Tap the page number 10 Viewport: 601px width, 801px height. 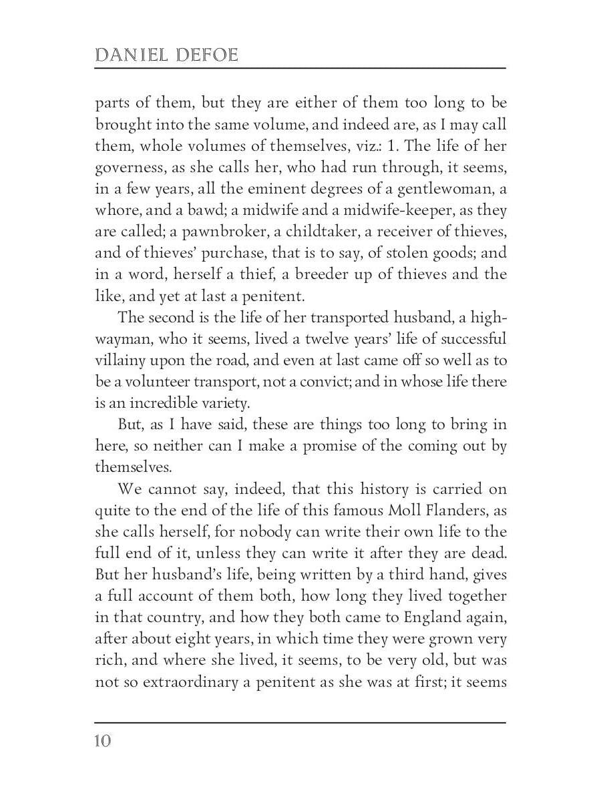tap(104, 741)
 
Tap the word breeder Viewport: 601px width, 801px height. tap(300, 274)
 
